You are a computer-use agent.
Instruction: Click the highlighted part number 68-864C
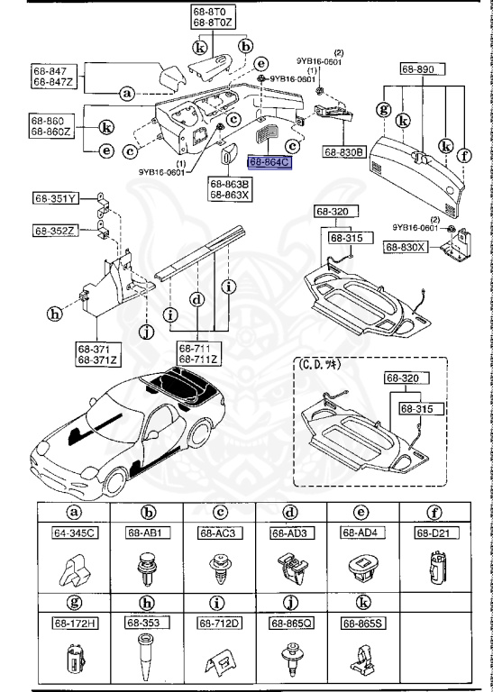(270, 163)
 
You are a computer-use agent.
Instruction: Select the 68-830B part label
(343, 152)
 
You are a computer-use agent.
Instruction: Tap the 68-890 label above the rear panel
(418, 68)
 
